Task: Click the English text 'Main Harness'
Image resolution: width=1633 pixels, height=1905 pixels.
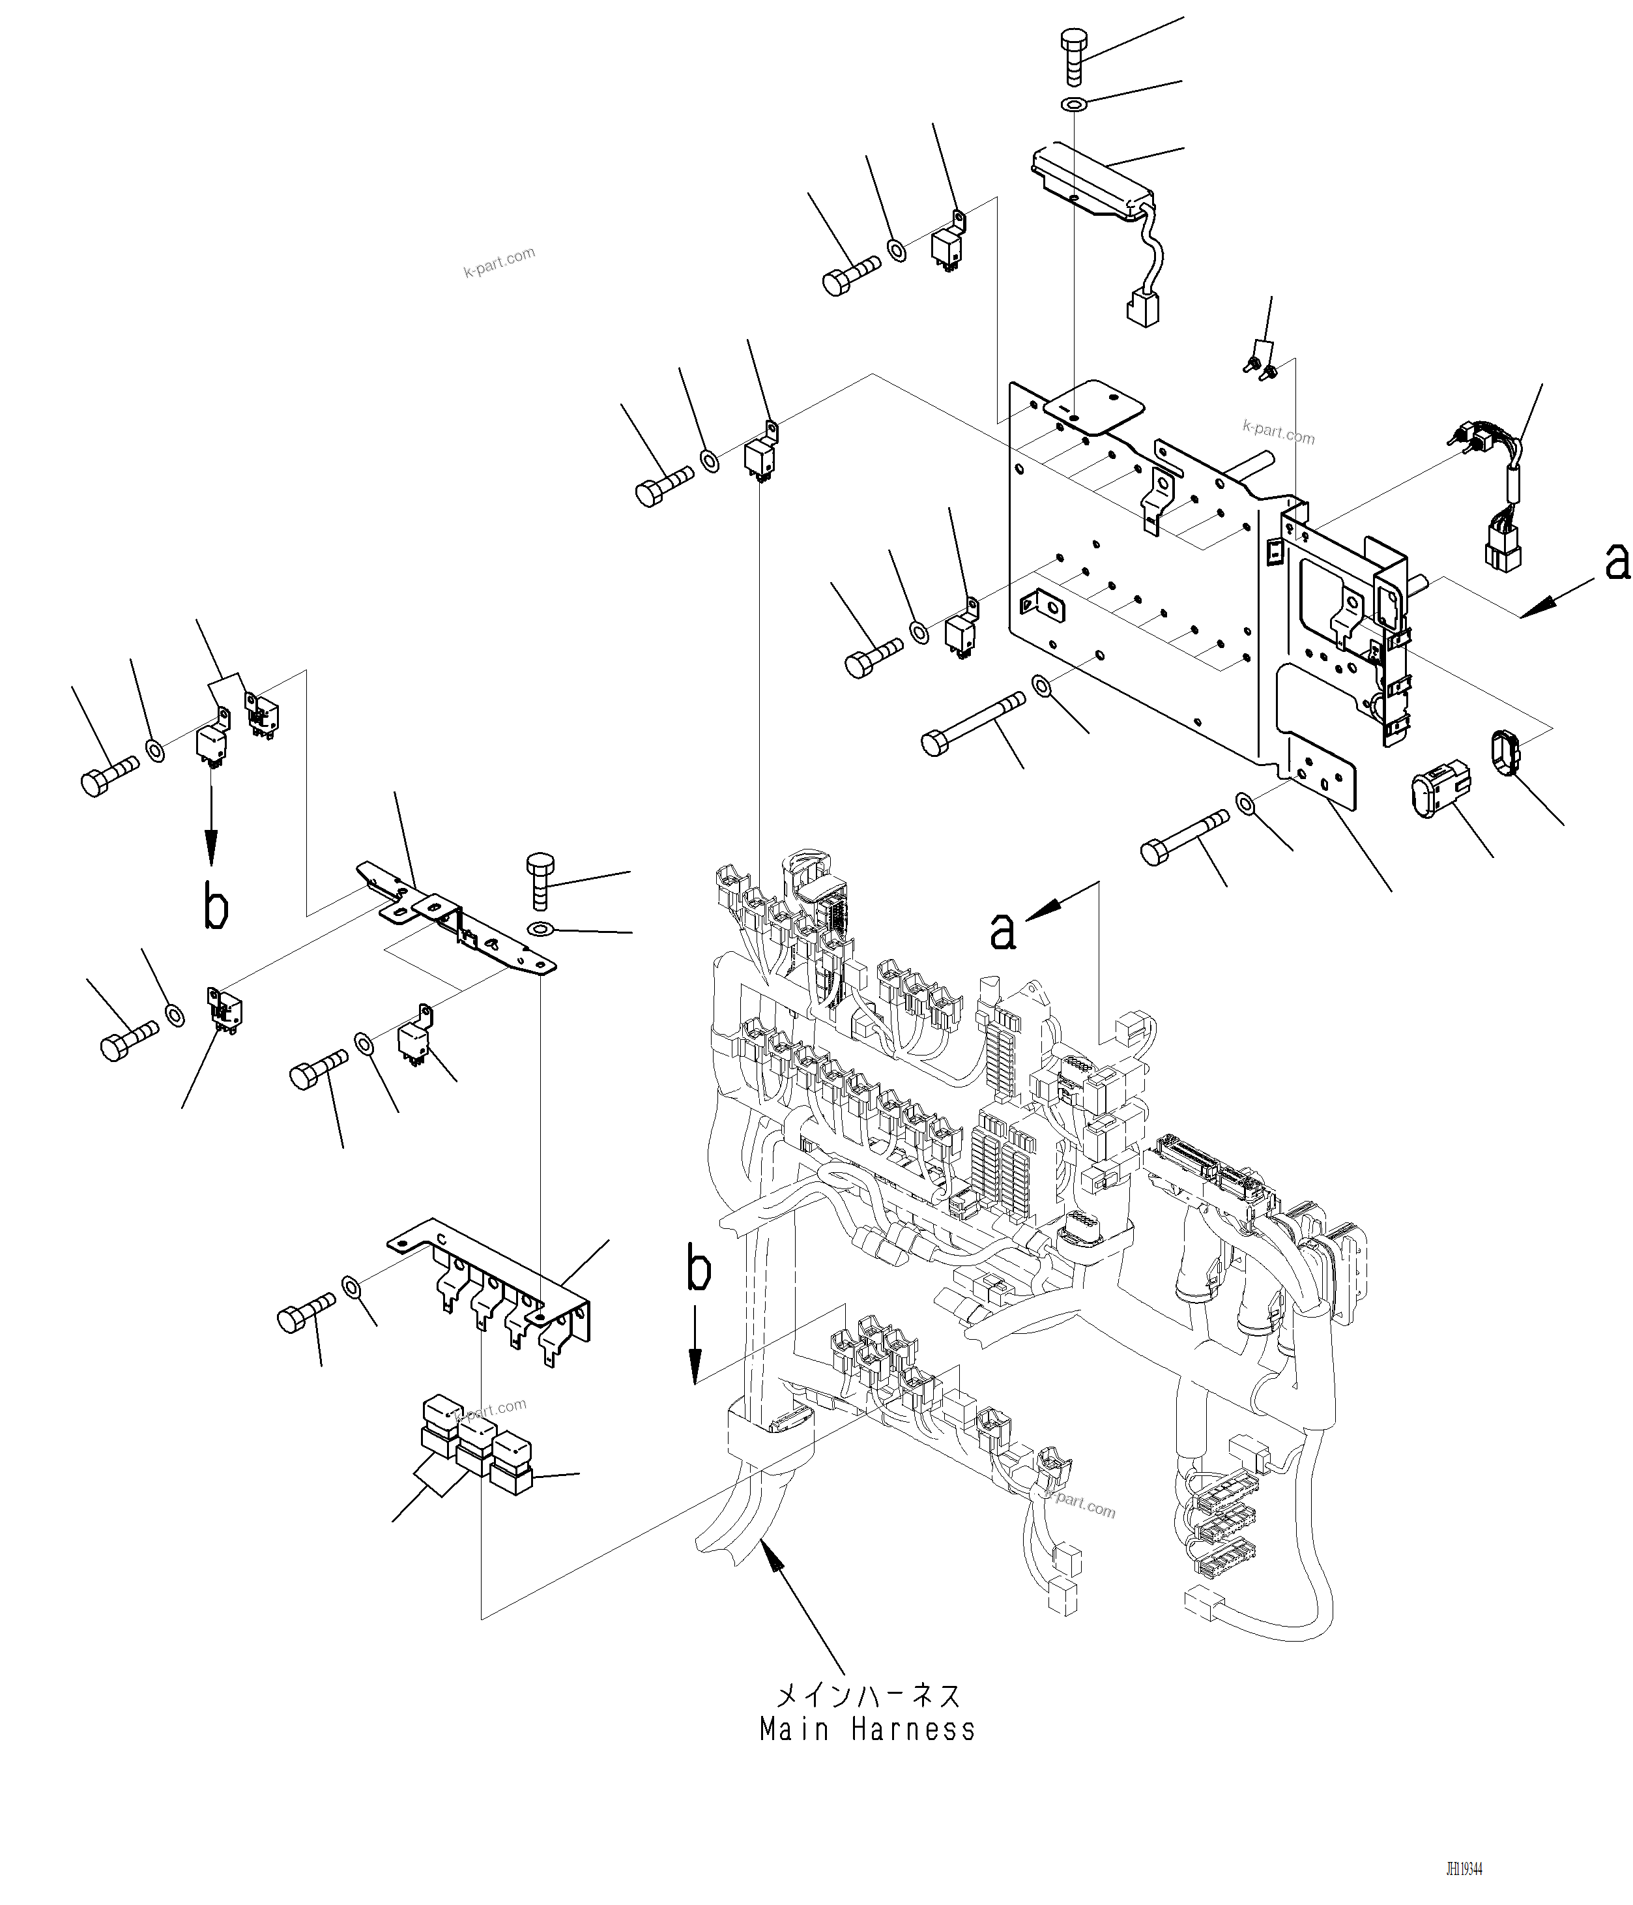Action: [x=867, y=1730]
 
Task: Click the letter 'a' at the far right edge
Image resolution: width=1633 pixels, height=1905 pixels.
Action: [x=1617, y=561]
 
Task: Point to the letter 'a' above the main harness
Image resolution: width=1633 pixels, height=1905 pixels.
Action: [x=1003, y=930]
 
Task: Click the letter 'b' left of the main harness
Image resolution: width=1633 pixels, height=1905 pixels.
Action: [x=699, y=1270]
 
